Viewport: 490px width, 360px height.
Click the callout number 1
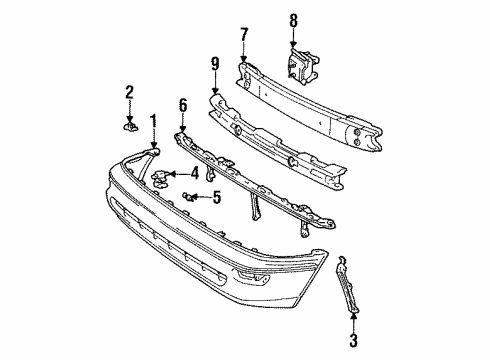(153, 122)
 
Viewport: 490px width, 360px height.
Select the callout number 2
(130, 92)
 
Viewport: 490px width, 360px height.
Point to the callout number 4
(194, 174)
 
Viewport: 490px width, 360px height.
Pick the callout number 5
(217, 197)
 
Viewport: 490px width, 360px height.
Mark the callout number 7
(244, 35)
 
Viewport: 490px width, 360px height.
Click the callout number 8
(293, 21)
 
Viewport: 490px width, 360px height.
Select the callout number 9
(215, 64)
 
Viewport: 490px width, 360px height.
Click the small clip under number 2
(130, 126)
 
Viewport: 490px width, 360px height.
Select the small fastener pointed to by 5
(188, 197)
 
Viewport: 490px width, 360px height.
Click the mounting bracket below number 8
(302, 67)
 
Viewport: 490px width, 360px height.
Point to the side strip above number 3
(347, 285)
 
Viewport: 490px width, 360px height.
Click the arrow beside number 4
(178, 174)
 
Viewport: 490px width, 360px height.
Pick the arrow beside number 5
(201, 197)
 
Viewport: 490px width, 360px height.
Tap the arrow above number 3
(353, 323)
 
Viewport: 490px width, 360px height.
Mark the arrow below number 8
(293, 39)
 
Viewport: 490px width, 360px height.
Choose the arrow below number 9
(215, 83)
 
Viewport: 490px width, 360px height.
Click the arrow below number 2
(130, 111)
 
